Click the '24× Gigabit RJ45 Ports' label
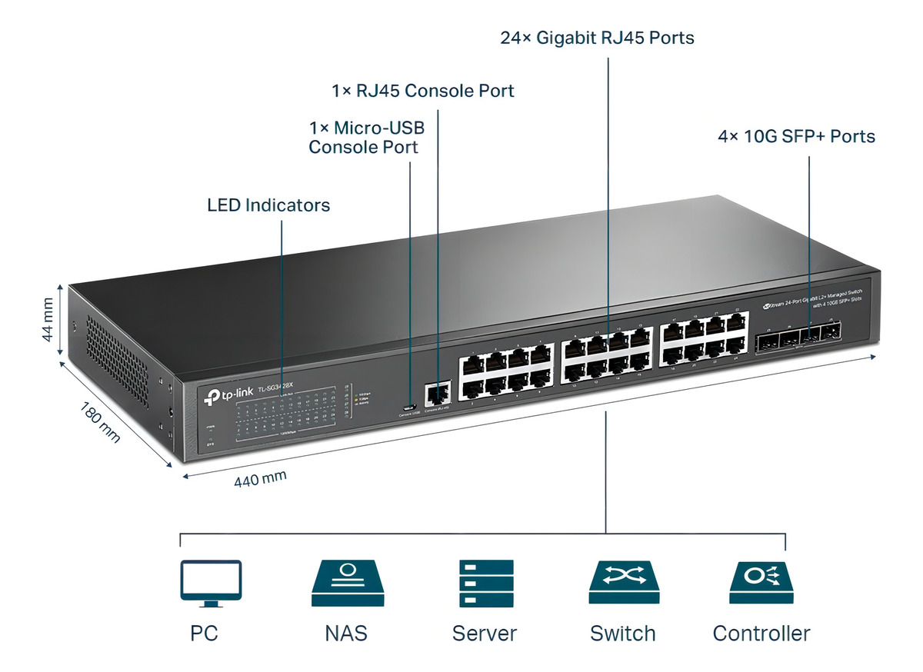pos(598,38)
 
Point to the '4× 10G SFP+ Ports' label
pos(796,137)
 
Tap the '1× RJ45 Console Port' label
pos(423,91)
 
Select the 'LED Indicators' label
pos(268,205)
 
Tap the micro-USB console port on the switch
pos(410,407)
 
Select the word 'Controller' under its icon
pos(761,634)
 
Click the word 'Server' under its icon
pos(485,634)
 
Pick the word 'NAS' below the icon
pos(346,634)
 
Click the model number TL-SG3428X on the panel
pos(277,388)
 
